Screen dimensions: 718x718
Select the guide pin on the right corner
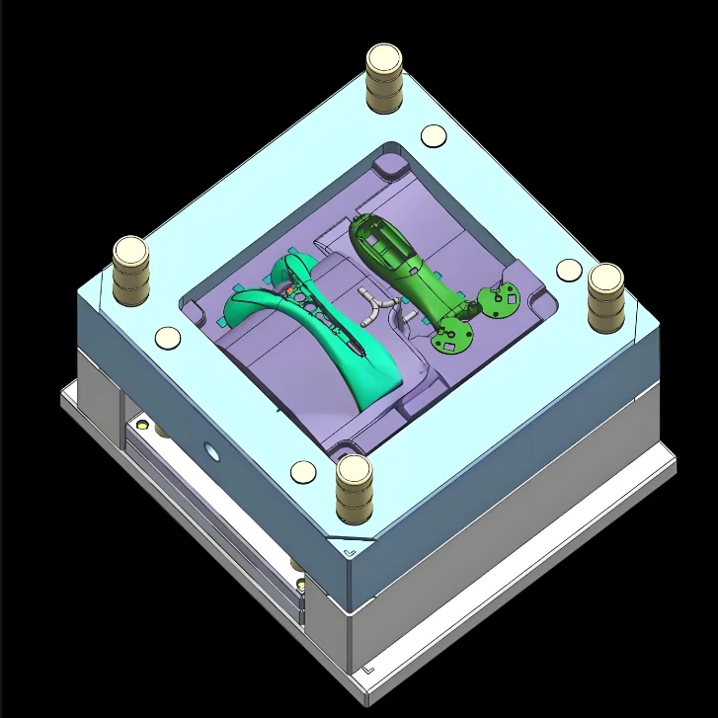604,295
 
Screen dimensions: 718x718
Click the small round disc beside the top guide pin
433,137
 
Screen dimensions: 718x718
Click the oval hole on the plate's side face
209,452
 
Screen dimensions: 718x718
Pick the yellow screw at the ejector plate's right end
296,567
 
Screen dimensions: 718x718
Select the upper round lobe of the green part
503,297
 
